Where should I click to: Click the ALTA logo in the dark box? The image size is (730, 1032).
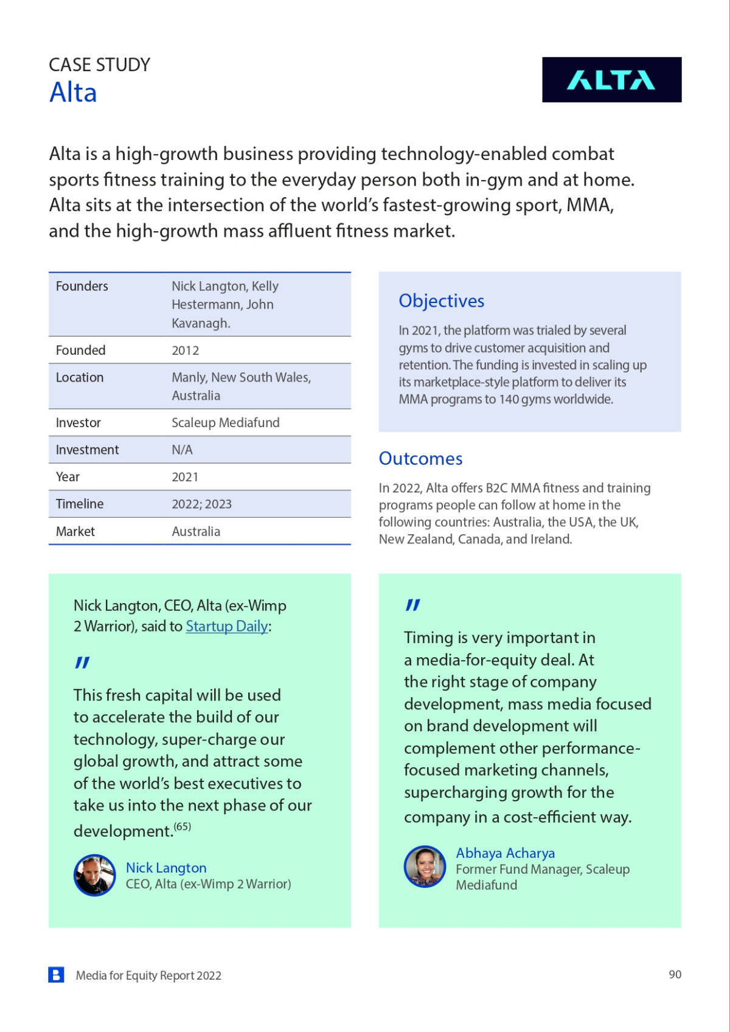click(611, 80)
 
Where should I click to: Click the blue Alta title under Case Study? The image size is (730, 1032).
click(73, 93)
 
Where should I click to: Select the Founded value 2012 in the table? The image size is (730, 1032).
click(186, 350)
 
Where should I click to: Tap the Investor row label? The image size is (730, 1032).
click(78, 423)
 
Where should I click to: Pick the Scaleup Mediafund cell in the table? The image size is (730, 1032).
click(226, 423)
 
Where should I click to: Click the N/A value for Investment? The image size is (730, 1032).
click(182, 450)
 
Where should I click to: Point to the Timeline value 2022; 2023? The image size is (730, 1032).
click(201, 504)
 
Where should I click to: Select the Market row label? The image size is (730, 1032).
click(75, 532)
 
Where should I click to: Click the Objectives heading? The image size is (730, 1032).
click(442, 301)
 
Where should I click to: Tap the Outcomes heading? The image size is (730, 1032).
click(420, 459)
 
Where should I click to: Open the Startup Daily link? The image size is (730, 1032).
click(227, 626)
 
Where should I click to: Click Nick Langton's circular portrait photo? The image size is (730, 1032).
click(95, 876)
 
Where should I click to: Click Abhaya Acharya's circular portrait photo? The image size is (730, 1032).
click(425, 866)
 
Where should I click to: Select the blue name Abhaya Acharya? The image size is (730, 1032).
click(506, 853)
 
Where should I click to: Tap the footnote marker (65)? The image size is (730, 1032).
click(182, 826)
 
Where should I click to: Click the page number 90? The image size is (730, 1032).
click(675, 975)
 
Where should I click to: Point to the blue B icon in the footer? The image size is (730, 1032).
click(57, 975)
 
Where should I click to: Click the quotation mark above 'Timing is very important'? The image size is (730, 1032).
click(413, 605)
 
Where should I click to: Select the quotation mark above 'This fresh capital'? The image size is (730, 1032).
click(82, 663)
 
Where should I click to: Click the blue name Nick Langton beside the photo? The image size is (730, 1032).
click(166, 868)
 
